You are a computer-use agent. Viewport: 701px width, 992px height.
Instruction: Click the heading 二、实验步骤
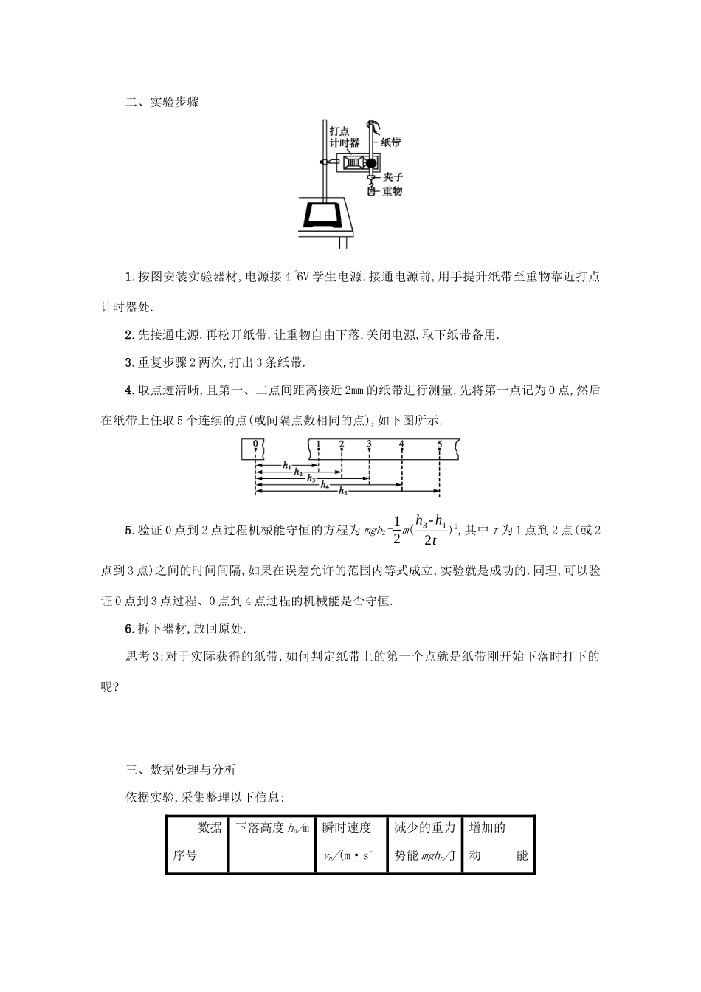click(162, 102)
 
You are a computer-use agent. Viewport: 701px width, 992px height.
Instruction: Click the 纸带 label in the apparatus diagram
click(392, 142)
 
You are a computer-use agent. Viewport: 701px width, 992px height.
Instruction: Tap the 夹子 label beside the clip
click(393, 177)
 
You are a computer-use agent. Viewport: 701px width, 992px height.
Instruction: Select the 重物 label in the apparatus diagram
click(393, 191)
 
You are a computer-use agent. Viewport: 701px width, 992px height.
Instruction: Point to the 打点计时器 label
click(345, 137)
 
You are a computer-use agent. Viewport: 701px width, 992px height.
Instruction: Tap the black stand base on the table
click(322, 215)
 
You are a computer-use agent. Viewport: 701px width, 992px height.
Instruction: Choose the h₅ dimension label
click(343, 491)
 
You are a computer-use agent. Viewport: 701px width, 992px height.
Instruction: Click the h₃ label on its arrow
click(311, 478)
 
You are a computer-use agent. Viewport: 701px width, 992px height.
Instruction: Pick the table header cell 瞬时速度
click(347, 827)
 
